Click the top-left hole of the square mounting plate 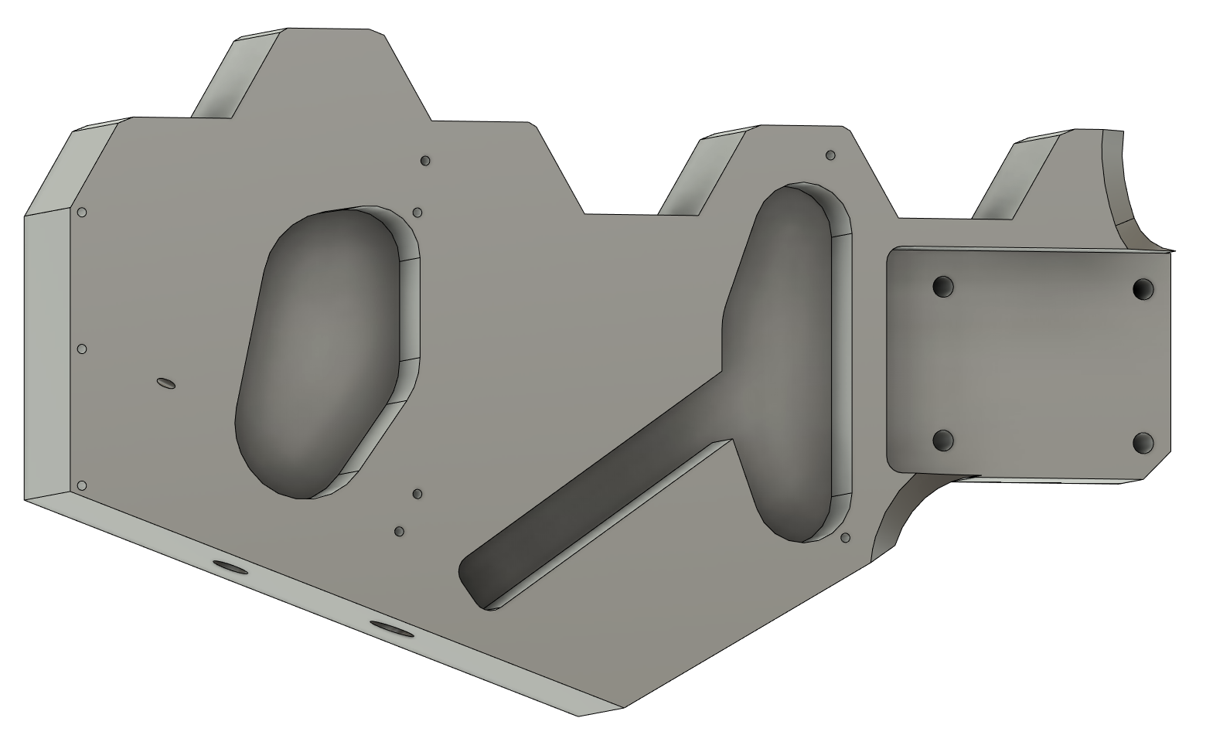coord(942,287)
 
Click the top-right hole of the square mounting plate coord(1143,290)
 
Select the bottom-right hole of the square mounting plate coord(1143,444)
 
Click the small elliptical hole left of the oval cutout coord(165,383)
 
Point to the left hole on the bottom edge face coord(230,568)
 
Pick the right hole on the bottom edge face coord(392,628)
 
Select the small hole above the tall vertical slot coord(831,155)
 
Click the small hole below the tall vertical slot coord(845,537)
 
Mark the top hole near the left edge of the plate coord(82,213)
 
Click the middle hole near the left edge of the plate coord(83,349)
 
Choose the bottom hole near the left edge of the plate coord(82,485)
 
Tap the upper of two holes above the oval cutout coord(424,161)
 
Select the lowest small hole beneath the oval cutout coord(400,532)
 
